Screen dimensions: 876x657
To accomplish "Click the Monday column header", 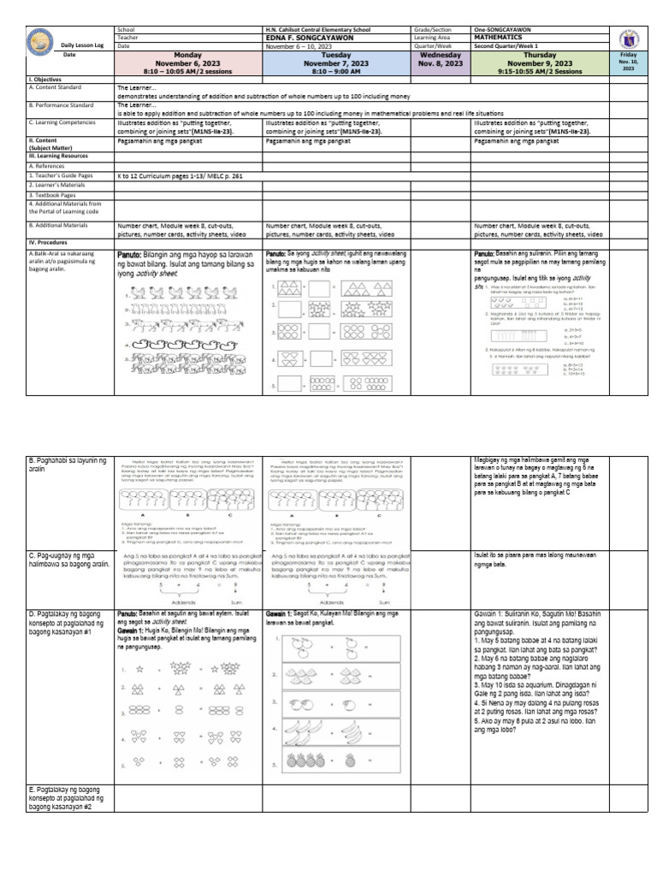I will pos(187,62).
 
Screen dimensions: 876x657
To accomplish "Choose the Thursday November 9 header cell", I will pos(540,62).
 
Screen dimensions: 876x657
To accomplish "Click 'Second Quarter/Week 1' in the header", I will pos(508,46).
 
